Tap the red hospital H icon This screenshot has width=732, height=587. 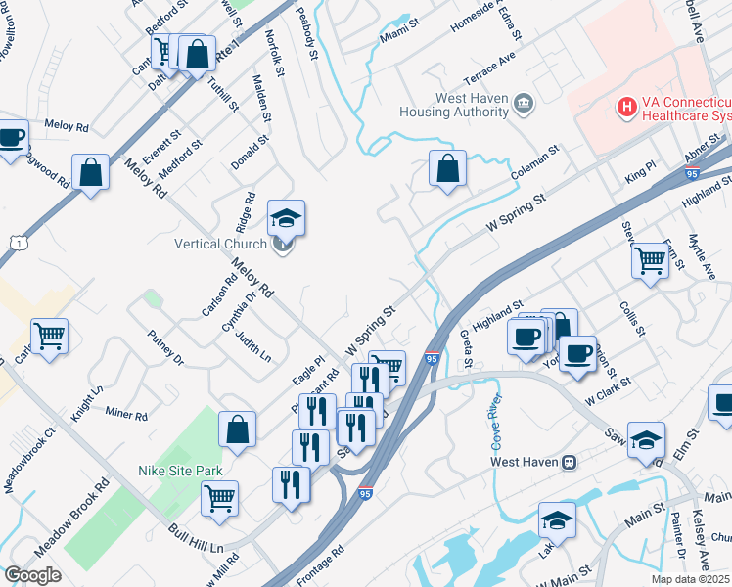pos(623,105)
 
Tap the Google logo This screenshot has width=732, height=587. pos(32,575)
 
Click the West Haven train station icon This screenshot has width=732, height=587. pos(567,462)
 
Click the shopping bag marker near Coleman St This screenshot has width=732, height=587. pos(447,169)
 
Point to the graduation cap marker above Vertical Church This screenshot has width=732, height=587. pos(286,217)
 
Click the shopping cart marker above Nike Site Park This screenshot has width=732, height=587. pos(220,498)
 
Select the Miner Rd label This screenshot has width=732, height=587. pos(125,415)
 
